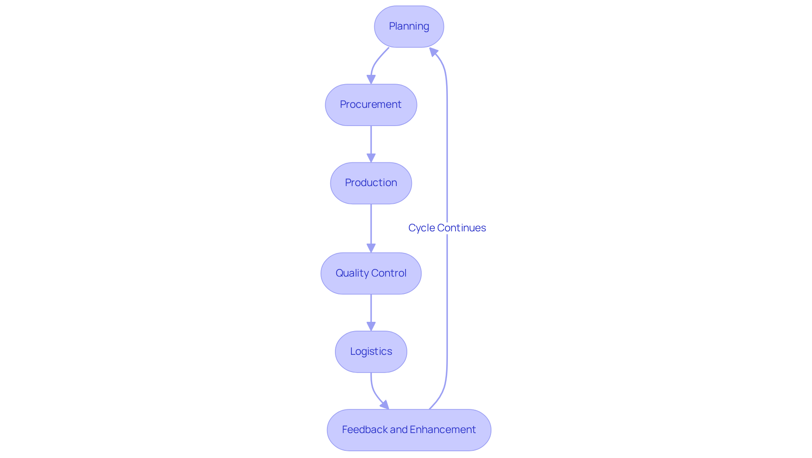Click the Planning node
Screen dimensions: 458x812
pyautogui.click(x=409, y=27)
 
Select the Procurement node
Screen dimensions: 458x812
pyautogui.click(x=371, y=105)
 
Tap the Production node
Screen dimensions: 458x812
pyautogui.click(x=371, y=183)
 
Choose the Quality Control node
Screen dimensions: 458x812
pyautogui.click(x=371, y=274)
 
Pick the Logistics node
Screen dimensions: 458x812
pyautogui.click(x=371, y=352)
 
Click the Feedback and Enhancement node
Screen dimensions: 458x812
pyautogui.click(x=409, y=430)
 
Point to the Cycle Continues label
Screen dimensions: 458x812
pyautogui.click(x=447, y=228)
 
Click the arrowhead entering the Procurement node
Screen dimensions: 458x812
pyautogui.click(x=371, y=80)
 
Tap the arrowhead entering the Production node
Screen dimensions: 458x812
pyautogui.click(x=371, y=158)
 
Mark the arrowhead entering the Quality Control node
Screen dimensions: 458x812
pyautogui.click(x=371, y=248)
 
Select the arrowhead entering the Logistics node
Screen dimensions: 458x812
pyautogui.click(x=371, y=326)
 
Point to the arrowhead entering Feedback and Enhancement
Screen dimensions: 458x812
pyautogui.click(x=385, y=405)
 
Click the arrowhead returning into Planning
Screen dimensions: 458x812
pyautogui.click(x=433, y=52)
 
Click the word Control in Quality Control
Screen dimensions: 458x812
pyautogui.click(x=389, y=273)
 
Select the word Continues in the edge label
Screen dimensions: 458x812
pyautogui.click(x=461, y=228)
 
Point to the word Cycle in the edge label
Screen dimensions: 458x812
pyautogui.click(x=422, y=228)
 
